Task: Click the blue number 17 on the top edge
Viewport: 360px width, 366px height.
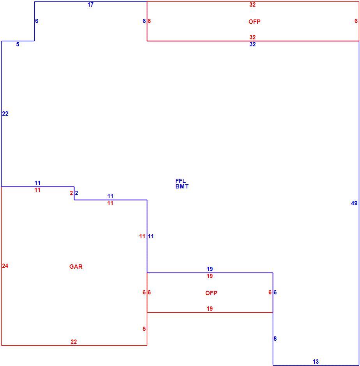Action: coord(90,5)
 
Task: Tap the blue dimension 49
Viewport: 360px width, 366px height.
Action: coord(354,203)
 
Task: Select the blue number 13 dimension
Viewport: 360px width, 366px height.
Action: coord(316,362)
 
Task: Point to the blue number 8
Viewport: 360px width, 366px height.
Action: coord(275,339)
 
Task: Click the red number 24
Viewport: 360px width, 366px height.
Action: coord(5,266)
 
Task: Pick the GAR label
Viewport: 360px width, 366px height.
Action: coord(76,267)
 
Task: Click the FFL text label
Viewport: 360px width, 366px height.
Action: coord(180,181)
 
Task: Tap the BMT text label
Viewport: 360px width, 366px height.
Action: coord(182,187)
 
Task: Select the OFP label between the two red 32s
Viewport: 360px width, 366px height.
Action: coord(254,22)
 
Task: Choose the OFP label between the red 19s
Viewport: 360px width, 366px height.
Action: coord(211,293)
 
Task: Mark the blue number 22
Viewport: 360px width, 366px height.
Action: coord(5,114)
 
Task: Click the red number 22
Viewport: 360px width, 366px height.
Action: coord(74,342)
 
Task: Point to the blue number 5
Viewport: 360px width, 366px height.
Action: coord(18,44)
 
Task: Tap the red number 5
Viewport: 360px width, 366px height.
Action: coord(144,329)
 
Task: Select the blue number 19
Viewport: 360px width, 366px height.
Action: coord(210,269)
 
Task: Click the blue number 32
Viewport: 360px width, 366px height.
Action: coord(252,44)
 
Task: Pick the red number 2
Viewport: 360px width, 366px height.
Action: coord(71,193)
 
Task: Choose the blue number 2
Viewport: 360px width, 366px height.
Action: coord(76,193)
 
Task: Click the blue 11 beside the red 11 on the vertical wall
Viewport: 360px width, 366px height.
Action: coord(151,236)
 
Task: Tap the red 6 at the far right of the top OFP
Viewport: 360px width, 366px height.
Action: coord(356,21)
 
